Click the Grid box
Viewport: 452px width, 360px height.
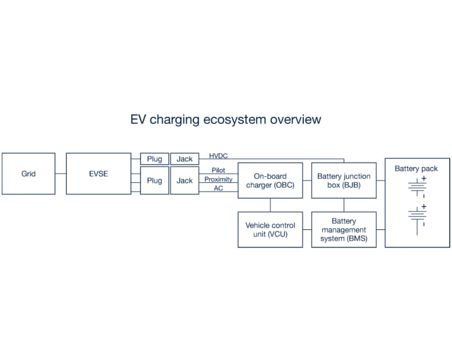pyautogui.click(x=29, y=173)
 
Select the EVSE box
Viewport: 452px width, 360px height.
pyautogui.click(x=98, y=173)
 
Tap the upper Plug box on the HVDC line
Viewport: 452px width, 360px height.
pyautogui.click(x=154, y=159)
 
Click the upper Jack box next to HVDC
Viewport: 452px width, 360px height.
pyautogui.click(x=185, y=159)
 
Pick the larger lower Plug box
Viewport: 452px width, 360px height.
pyautogui.click(x=154, y=180)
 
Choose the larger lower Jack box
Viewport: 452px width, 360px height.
pyautogui.click(x=185, y=180)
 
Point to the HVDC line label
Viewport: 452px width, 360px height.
pyautogui.click(x=218, y=156)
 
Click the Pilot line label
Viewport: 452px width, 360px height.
pyautogui.click(x=218, y=170)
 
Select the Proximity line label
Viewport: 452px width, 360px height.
pyautogui.click(x=218, y=180)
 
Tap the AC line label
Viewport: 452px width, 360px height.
pyautogui.click(x=218, y=188)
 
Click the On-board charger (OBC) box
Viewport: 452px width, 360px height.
pyautogui.click(x=270, y=180)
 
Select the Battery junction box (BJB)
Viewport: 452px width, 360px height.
pyautogui.click(x=344, y=180)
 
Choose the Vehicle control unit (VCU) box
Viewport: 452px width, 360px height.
pyautogui.click(x=270, y=229)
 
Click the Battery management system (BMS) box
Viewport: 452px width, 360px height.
pyautogui.click(x=344, y=229)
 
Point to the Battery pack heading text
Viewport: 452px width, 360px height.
pyautogui.click(x=416, y=169)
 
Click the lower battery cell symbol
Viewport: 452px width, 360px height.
pyautogui.click(x=417, y=216)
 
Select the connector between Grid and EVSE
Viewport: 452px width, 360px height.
pyautogui.click(x=60, y=173)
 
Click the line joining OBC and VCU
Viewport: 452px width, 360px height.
pyautogui.click(x=270, y=205)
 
